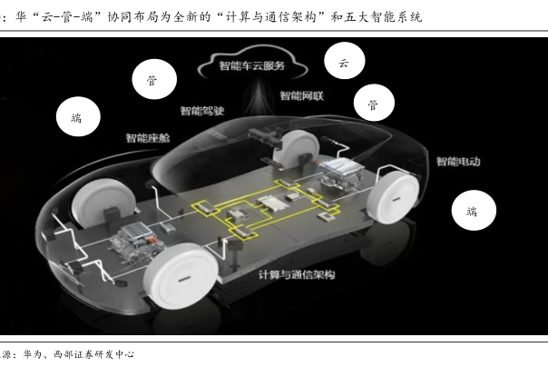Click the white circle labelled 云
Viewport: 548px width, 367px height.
tap(344, 63)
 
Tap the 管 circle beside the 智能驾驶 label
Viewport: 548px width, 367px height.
tap(150, 81)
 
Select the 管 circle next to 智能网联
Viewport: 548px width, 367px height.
tap(373, 105)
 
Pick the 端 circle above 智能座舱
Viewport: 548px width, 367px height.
tap(75, 117)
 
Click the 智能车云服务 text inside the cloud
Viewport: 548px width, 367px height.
tap(251, 65)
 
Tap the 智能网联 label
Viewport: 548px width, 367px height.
tap(302, 95)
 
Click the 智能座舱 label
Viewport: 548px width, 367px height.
tap(147, 139)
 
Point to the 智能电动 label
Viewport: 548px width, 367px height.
tap(457, 162)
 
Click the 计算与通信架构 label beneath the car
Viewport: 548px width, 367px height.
tap(297, 274)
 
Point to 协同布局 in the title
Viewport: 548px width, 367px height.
tap(150, 17)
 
